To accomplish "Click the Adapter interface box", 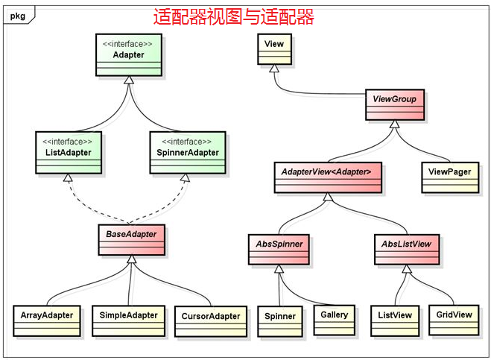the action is pyautogui.click(x=129, y=55).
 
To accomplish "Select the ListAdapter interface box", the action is pyautogui.click(x=69, y=152).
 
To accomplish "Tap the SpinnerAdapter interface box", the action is pyautogui.click(x=188, y=152).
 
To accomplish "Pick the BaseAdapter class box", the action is pyautogui.click(x=132, y=240).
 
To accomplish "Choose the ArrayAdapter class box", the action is pyautogui.click(x=47, y=320).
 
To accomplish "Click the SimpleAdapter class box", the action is pyautogui.click(x=128, y=320).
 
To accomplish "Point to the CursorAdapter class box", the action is pyautogui.click(x=211, y=321).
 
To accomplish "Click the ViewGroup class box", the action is pyautogui.click(x=395, y=104).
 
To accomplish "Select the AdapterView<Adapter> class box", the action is pyautogui.click(x=328, y=177).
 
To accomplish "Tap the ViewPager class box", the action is pyautogui.click(x=450, y=177).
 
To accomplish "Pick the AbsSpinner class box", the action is pyautogui.click(x=279, y=250).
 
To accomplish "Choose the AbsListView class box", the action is pyautogui.click(x=407, y=250).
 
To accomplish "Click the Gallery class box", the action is pyautogui.click(x=334, y=320).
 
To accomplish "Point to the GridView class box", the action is pyautogui.click(x=454, y=320).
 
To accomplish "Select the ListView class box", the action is pyautogui.click(x=395, y=320).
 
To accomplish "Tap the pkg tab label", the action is pyautogui.click(x=18, y=16).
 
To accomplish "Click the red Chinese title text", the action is pyautogui.click(x=234, y=16).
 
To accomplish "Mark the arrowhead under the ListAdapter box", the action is pyautogui.click(x=68, y=177).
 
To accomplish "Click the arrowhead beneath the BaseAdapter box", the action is pyautogui.click(x=132, y=259).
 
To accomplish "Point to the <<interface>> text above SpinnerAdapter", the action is pyautogui.click(x=186, y=142).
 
